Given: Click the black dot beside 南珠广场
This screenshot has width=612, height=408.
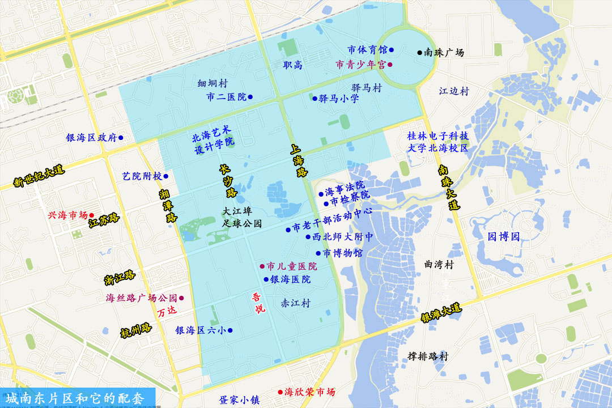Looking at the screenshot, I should (x=420, y=53).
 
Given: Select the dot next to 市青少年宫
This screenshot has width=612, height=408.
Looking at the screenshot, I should (x=390, y=65).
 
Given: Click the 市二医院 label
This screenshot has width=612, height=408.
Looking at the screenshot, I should (x=227, y=97).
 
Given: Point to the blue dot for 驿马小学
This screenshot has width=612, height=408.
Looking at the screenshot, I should (x=315, y=99).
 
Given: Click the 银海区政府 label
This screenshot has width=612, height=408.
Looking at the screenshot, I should (x=91, y=138).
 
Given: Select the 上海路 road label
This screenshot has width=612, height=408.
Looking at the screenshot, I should (x=298, y=161).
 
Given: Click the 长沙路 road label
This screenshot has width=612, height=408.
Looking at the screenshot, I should (x=228, y=181).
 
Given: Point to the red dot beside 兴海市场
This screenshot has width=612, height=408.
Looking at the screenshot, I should (x=91, y=215).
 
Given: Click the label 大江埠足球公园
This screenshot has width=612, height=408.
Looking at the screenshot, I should (x=242, y=217).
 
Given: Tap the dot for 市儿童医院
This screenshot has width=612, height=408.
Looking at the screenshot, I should (x=262, y=266).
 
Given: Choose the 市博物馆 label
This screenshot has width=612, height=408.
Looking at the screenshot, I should (x=343, y=253).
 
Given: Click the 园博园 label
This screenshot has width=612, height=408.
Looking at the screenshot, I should (x=504, y=236).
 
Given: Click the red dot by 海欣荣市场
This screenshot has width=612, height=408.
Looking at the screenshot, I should (x=280, y=392).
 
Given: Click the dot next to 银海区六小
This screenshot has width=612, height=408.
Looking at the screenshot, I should (x=230, y=330).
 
